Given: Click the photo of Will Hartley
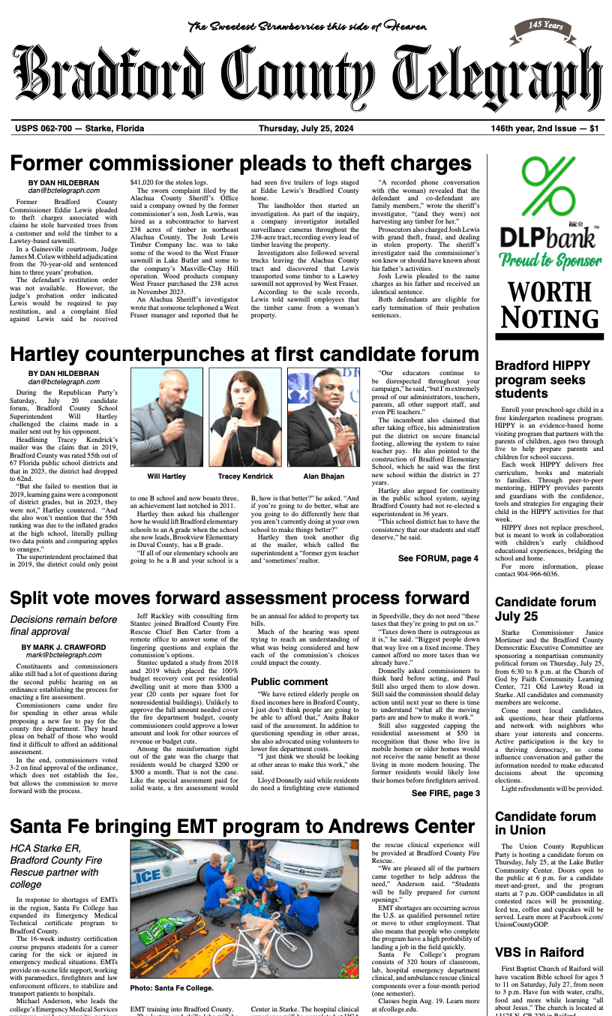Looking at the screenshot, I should pyautogui.click(x=166, y=416).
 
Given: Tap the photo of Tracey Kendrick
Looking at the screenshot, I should pyautogui.click(x=244, y=416).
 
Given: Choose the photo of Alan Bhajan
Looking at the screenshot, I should pyautogui.click(x=323, y=416).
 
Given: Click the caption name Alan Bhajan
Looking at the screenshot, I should pyautogui.click(x=323, y=476).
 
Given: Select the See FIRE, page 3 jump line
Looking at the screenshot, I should pyautogui.click(x=445, y=793).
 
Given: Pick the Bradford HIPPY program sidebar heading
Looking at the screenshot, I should pyautogui.click(x=543, y=380).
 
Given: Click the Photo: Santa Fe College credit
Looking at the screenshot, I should pyautogui.click(x=172, y=988).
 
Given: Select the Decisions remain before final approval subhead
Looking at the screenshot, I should pyautogui.click(x=64, y=626).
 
